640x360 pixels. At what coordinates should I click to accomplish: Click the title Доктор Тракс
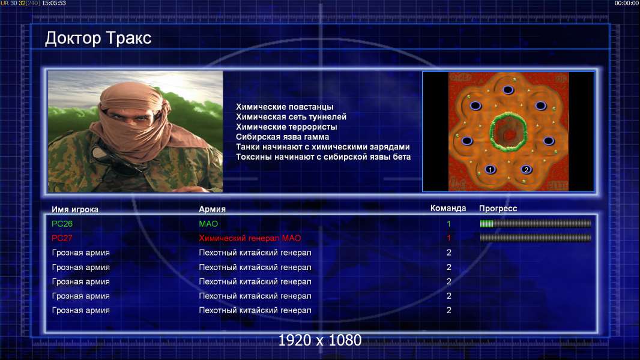[x=98, y=38]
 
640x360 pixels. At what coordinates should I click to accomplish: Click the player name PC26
[x=62, y=224]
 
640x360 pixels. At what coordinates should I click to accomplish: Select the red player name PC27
[x=62, y=238]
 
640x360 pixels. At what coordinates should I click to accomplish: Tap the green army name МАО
[x=208, y=224]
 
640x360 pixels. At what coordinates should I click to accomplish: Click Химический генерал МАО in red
[x=250, y=238]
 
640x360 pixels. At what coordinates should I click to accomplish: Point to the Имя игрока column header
[x=74, y=209]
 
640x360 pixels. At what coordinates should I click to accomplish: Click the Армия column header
[x=213, y=209]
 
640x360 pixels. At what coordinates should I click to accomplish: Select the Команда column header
[x=448, y=208]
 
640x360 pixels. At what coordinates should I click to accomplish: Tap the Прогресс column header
[x=498, y=208]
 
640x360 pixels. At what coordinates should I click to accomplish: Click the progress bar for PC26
[x=536, y=223]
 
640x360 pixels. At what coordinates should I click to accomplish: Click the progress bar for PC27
[x=536, y=238]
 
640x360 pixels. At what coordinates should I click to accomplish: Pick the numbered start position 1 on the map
[x=490, y=169]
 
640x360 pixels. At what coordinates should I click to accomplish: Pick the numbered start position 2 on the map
[x=526, y=169]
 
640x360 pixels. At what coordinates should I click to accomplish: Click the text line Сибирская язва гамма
[x=282, y=137]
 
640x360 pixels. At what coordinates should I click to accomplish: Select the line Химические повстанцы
[x=285, y=107]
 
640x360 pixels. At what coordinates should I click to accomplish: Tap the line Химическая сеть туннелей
[x=291, y=117]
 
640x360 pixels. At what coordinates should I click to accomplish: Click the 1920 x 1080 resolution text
[x=319, y=340]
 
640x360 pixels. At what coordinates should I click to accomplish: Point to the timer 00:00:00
[x=627, y=3]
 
